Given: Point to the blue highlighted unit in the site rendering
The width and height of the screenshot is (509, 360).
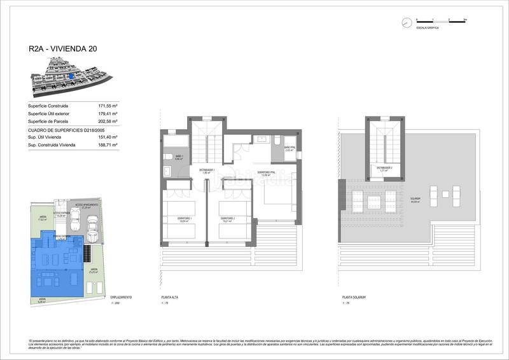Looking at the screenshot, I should click(x=72, y=76).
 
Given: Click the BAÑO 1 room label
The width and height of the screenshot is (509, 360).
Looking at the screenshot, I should click(x=179, y=156).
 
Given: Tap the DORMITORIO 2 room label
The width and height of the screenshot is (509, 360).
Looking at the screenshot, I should click(x=228, y=219).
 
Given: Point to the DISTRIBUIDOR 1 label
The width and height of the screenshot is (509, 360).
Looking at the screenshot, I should click(x=205, y=170).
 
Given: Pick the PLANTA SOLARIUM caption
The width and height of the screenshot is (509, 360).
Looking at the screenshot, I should click(x=353, y=298).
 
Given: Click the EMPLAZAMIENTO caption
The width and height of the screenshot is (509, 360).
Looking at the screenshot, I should click(x=120, y=298).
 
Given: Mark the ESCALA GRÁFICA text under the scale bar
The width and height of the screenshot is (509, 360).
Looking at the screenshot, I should click(x=426, y=29).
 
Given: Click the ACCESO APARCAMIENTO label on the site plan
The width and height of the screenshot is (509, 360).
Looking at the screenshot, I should click(x=87, y=205).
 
